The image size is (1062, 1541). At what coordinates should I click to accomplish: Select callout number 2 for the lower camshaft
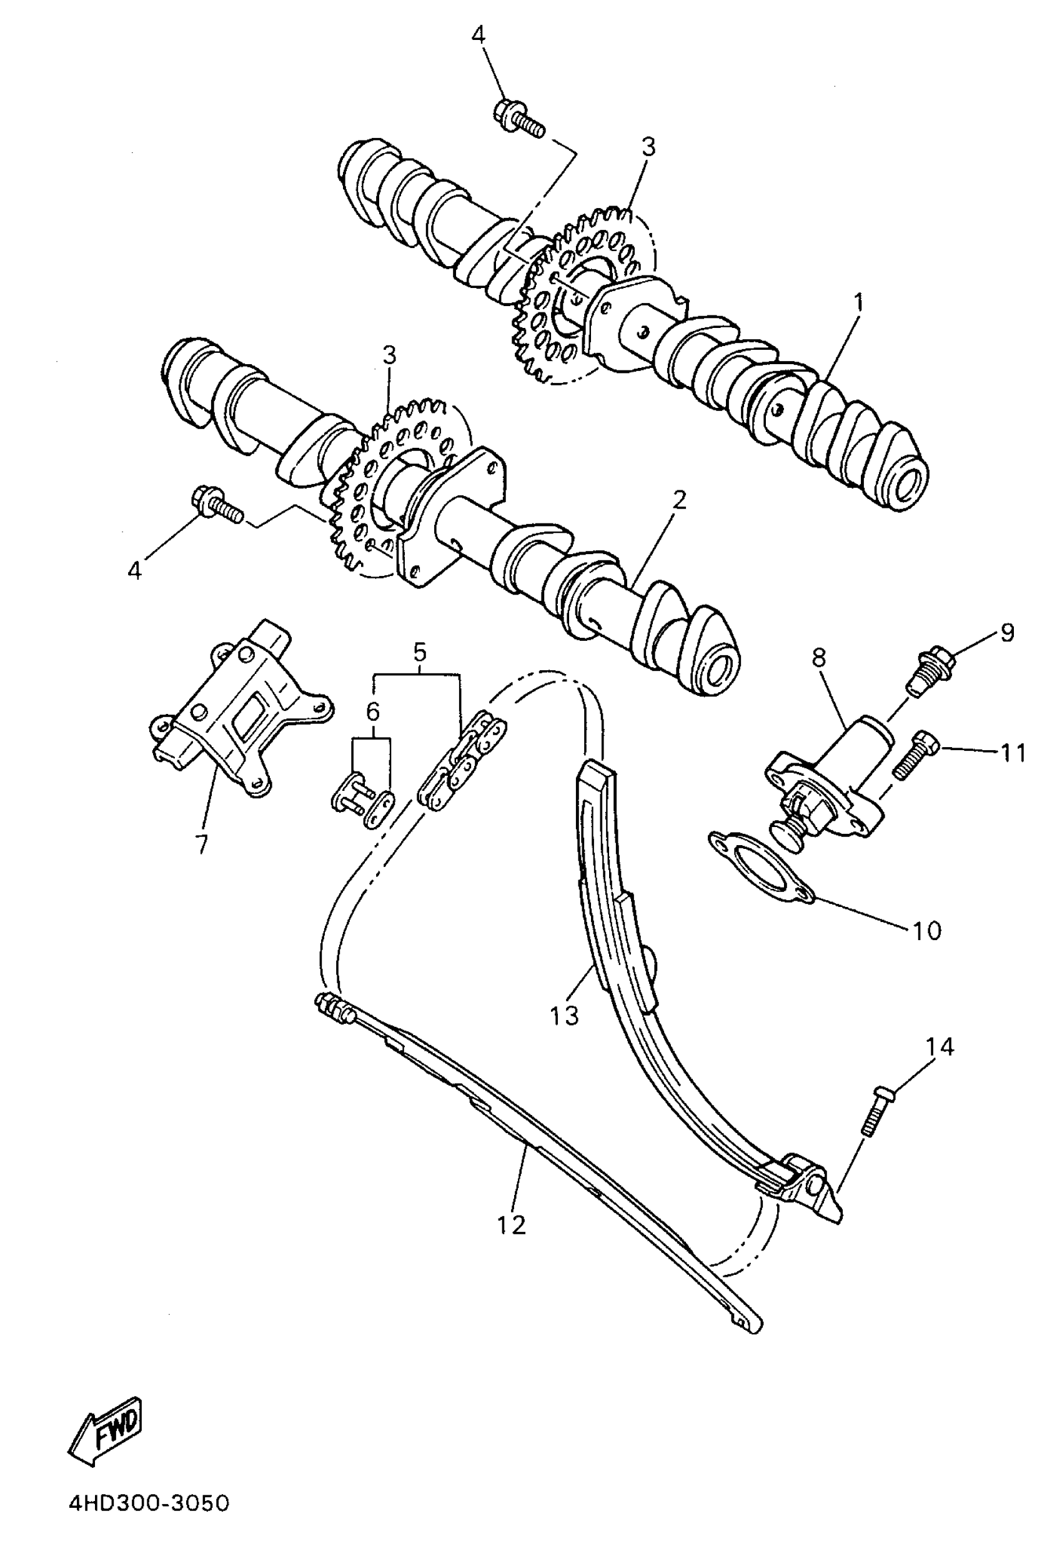coord(678,500)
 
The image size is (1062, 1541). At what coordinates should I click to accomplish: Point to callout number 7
coord(201,844)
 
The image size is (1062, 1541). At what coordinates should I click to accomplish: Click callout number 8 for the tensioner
coord(818,657)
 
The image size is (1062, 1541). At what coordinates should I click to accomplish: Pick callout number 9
coord(1007,633)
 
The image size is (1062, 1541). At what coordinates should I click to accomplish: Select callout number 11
coord(1013,754)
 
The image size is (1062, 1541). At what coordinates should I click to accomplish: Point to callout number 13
coord(564,1016)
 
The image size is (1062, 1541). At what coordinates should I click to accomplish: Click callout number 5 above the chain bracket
coord(419,652)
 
